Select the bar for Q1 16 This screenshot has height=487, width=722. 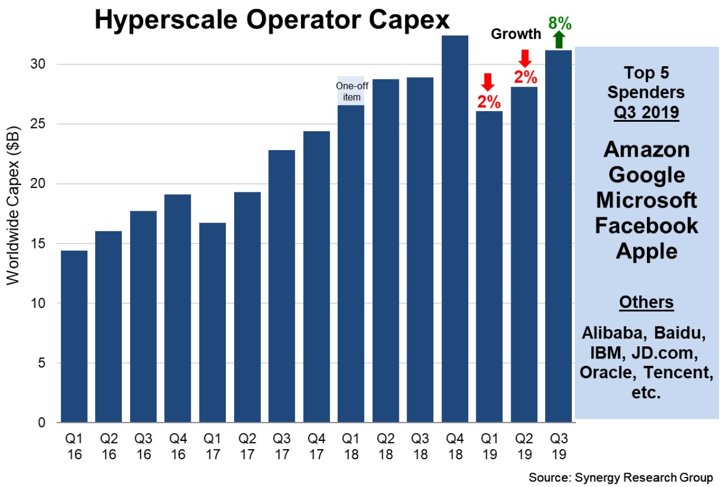coord(74,336)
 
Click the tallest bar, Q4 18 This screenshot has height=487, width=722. coord(455,228)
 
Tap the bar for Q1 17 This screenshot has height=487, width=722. coord(212,322)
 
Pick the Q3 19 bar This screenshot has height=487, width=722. coord(558,236)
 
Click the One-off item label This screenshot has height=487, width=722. coord(350,91)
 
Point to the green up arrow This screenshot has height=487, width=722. coord(559,40)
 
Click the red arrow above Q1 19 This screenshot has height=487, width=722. coord(488,82)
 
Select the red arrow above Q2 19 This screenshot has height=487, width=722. coord(524,57)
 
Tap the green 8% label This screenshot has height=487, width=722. coord(560,23)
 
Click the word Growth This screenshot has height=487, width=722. coord(516,34)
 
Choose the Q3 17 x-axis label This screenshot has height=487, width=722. coord(281,446)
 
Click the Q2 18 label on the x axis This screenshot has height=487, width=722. coord(385,446)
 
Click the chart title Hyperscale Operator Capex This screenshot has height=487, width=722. coord(271,21)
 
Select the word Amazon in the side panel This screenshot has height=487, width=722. coord(646,150)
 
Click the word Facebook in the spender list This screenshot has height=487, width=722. coord(646,225)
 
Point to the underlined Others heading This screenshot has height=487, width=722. coord(646,302)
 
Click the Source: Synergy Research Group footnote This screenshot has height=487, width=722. coord(620,478)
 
